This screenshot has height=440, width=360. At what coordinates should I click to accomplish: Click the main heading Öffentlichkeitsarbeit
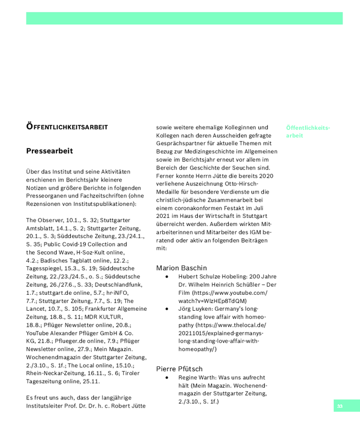click(x=67, y=127)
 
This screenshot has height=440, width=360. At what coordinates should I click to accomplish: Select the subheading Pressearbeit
click(x=49, y=151)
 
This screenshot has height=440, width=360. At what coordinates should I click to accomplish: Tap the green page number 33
click(x=340, y=406)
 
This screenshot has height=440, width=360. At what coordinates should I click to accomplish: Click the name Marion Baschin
click(x=181, y=268)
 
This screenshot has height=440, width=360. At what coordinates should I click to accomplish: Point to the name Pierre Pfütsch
click(x=179, y=369)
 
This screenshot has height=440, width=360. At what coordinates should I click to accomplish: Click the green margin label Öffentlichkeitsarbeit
click(x=308, y=131)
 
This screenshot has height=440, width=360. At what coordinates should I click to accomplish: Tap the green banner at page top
click(x=184, y=18)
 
